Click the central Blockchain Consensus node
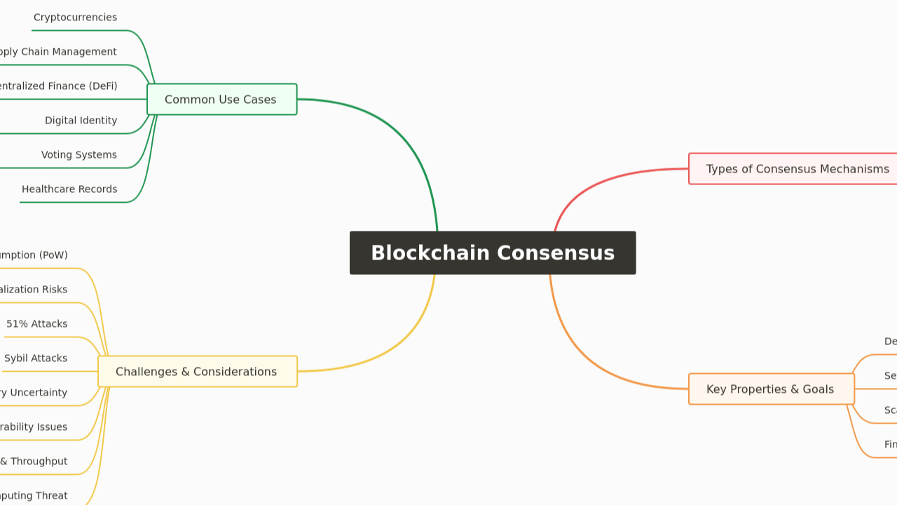(x=493, y=252)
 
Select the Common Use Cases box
(x=221, y=100)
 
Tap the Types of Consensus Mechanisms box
(x=797, y=169)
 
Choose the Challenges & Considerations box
(x=197, y=372)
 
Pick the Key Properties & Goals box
(x=771, y=389)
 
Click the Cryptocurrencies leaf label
(x=75, y=18)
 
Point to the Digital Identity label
(x=81, y=121)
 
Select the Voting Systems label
(x=78, y=155)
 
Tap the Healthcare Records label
(x=69, y=189)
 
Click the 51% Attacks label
(x=37, y=324)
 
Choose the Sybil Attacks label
(x=36, y=358)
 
